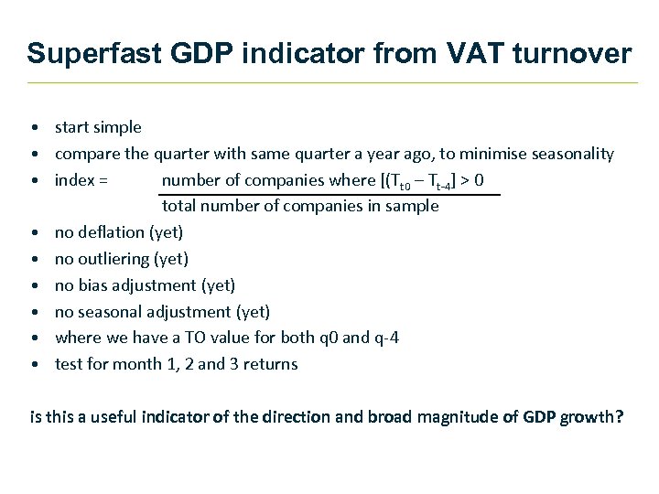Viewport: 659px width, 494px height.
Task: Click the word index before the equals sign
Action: pyautogui.click(x=74, y=180)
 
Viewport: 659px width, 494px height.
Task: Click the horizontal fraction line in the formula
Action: pyautogui.click(x=329, y=194)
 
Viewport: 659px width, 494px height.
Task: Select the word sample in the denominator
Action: pyautogui.click(x=414, y=207)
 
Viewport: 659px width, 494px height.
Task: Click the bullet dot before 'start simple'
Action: pyautogui.click(x=33, y=128)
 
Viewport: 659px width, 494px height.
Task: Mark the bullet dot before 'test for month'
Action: pyautogui.click(x=33, y=365)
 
